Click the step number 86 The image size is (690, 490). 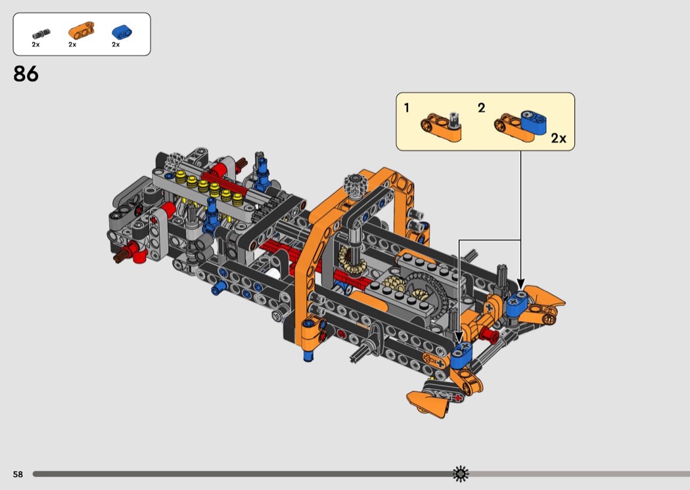coord(26,74)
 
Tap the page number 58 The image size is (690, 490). coord(18,474)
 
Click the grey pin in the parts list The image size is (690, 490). coord(41,34)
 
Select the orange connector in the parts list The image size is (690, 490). coord(81,30)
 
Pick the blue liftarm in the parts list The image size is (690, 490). coord(122,32)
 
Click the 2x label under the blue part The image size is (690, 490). coord(116,45)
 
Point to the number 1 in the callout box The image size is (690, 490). coord(407,108)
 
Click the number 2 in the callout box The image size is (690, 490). coord(482,108)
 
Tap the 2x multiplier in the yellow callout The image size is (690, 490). coord(559,138)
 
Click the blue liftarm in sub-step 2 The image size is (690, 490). coord(534,122)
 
